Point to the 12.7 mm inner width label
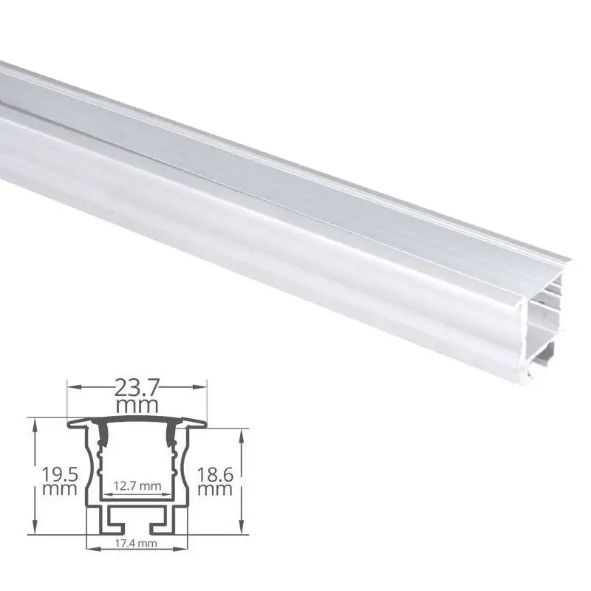click(136, 485)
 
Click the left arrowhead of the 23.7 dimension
click(72, 386)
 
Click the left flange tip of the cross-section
click(70, 424)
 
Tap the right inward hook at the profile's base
click(159, 525)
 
